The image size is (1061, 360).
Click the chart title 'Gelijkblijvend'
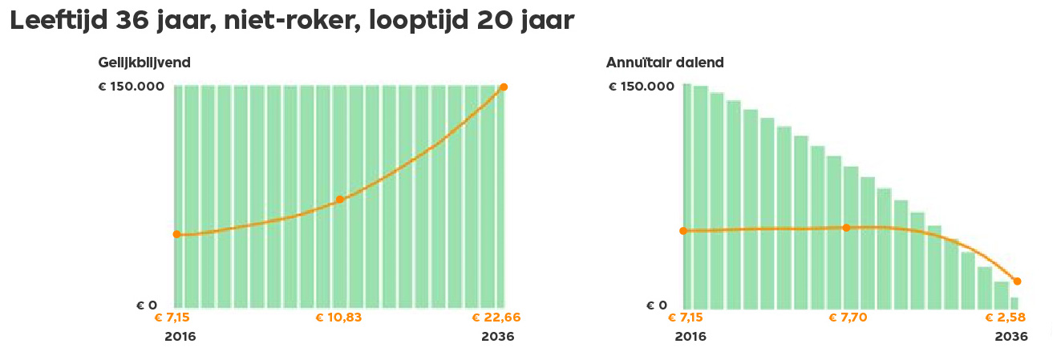[144, 63]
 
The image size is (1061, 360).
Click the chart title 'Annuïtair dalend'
[665, 63]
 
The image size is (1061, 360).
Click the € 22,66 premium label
[496, 318]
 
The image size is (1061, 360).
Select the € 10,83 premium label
[338, 318]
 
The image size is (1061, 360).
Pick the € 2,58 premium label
[1006, 318]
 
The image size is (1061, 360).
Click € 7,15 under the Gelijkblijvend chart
[172, 318]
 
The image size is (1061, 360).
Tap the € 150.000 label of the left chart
[131, 87]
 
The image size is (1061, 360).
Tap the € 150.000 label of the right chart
[642, 87]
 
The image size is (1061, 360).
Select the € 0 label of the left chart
[146, 305]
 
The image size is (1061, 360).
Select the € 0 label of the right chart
[657, 305]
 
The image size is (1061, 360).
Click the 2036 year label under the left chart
[497, 337]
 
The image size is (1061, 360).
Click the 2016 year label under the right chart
[690, 337]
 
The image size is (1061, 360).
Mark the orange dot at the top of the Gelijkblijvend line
[504, 87]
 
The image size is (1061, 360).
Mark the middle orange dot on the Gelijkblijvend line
[339, 199]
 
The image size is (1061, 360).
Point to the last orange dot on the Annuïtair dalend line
[1017, 281]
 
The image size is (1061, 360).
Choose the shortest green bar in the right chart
[1014, 303]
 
